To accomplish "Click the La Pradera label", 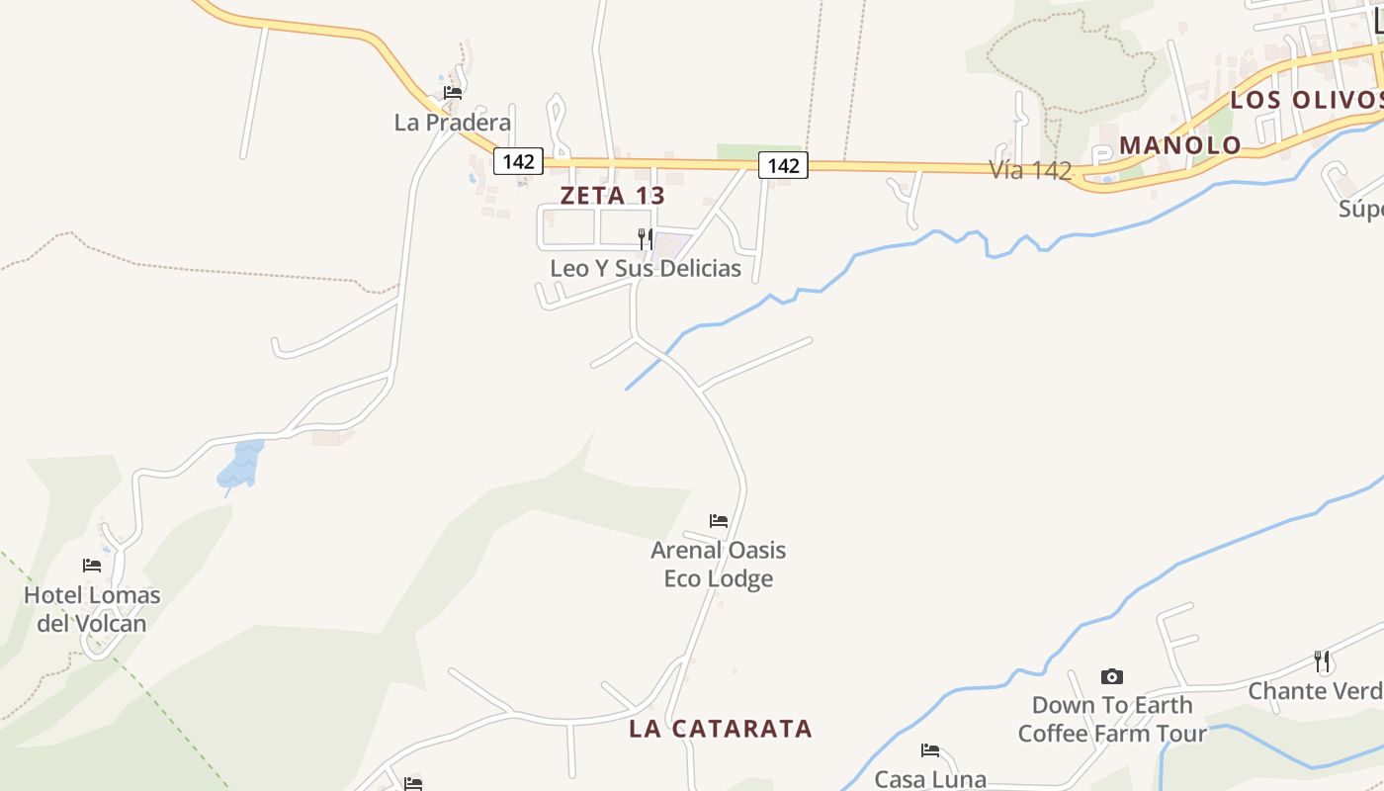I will (x=453, y=123).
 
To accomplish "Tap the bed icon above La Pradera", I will (x=453, y=93).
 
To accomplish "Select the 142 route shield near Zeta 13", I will (x=519, y=162).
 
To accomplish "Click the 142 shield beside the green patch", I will (x=783, y=165).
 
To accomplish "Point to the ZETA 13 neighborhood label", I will (x=613, y=196).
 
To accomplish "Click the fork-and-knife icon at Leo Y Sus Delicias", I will (x=645, y=238).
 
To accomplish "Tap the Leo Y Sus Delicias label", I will (x=646, y=268).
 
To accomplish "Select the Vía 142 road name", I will (x=1030, y=170).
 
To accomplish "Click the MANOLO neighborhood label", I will (x=1179, y=145).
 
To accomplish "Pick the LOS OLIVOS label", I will (x=1306, y=100).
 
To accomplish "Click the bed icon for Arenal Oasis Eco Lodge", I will (x=719, y=521).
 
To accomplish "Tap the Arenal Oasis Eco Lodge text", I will (x=719, y=564).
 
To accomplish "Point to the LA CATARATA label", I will (x=721, y=730).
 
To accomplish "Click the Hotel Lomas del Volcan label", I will (x=92, y=609).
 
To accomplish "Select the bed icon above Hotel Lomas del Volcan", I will (x=92, y=566).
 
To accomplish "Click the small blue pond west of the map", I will (x=241, y=463).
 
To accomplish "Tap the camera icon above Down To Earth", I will (x=1112, y=677).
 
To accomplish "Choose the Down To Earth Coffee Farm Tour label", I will (x=1112, y=719).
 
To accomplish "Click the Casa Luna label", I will (x=930, y=779).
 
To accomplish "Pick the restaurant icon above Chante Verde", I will (x=1322, y=661).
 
